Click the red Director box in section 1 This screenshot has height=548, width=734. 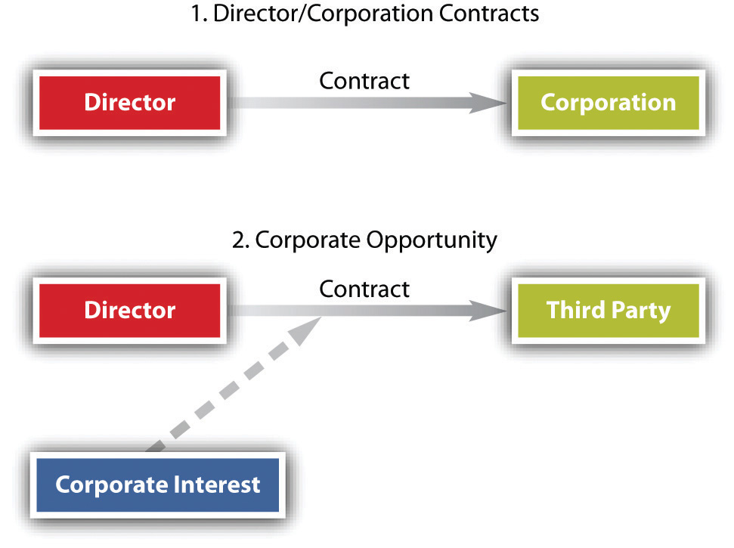[130, 103]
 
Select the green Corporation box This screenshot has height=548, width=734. [608, 103]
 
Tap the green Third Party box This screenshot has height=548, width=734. [608, 311]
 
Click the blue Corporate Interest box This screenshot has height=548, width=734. [158, 485]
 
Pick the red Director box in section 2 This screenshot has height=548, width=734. [130, 311]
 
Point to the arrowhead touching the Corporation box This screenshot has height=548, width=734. [488, 103]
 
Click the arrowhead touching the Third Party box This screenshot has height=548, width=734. [488, 311]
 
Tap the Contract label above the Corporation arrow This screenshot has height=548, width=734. [364, 81]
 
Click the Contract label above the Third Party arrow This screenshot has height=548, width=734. [364, 289]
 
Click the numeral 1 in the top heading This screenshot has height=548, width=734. [196, 14]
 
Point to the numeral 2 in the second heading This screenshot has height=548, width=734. [238, 240]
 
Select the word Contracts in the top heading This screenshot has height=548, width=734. [489, 14]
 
